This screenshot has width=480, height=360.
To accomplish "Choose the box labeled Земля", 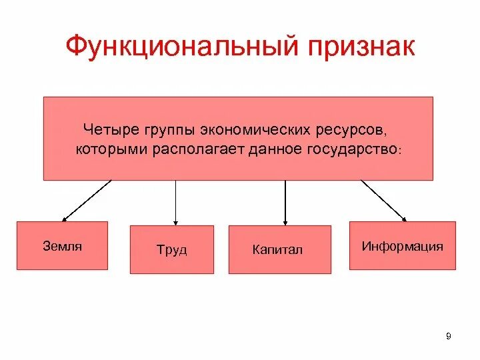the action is tap(62, 245).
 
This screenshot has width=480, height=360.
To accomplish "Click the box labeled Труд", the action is tap(172, 249).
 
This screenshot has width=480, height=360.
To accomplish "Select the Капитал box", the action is tap(279, 249).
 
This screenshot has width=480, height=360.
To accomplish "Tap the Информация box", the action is tap(403, 245).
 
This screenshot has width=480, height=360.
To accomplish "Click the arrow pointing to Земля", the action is tap(87, 200).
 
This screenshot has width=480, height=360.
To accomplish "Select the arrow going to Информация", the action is tap(384, 200).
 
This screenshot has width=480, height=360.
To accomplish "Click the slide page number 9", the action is tap(448, 336).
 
